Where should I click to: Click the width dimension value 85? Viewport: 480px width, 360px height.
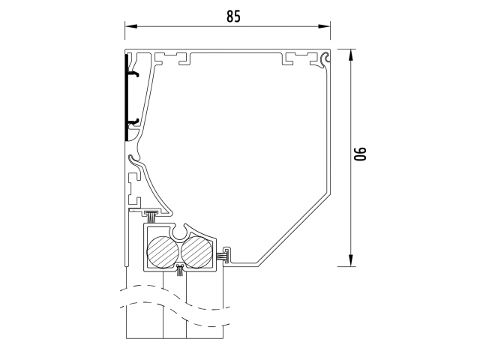(233, 16)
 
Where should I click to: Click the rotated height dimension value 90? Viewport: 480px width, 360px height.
(360, 154)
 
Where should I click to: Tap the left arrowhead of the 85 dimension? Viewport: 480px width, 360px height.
(130, 26)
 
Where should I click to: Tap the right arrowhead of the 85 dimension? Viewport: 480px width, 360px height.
(325, 26)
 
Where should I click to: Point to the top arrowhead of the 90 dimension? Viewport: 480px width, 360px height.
(351, 55)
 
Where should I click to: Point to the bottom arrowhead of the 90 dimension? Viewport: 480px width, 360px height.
(351, 260)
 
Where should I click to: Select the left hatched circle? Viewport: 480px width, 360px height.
(162, 252)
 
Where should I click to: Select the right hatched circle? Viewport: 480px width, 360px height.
(196, 252)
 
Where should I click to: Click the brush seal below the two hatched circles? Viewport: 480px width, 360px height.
(180, 270)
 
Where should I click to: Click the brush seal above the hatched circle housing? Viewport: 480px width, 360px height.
(151, 216)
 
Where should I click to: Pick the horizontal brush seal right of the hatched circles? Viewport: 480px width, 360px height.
(223, 256)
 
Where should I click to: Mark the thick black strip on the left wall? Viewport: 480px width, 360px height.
(126, 97)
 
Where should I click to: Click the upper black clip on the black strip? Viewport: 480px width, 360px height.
(133, 73)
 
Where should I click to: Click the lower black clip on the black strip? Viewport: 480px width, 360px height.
(133, 121)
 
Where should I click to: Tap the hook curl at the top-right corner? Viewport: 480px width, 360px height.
(325, 58)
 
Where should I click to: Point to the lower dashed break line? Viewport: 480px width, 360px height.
(175, 313)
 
